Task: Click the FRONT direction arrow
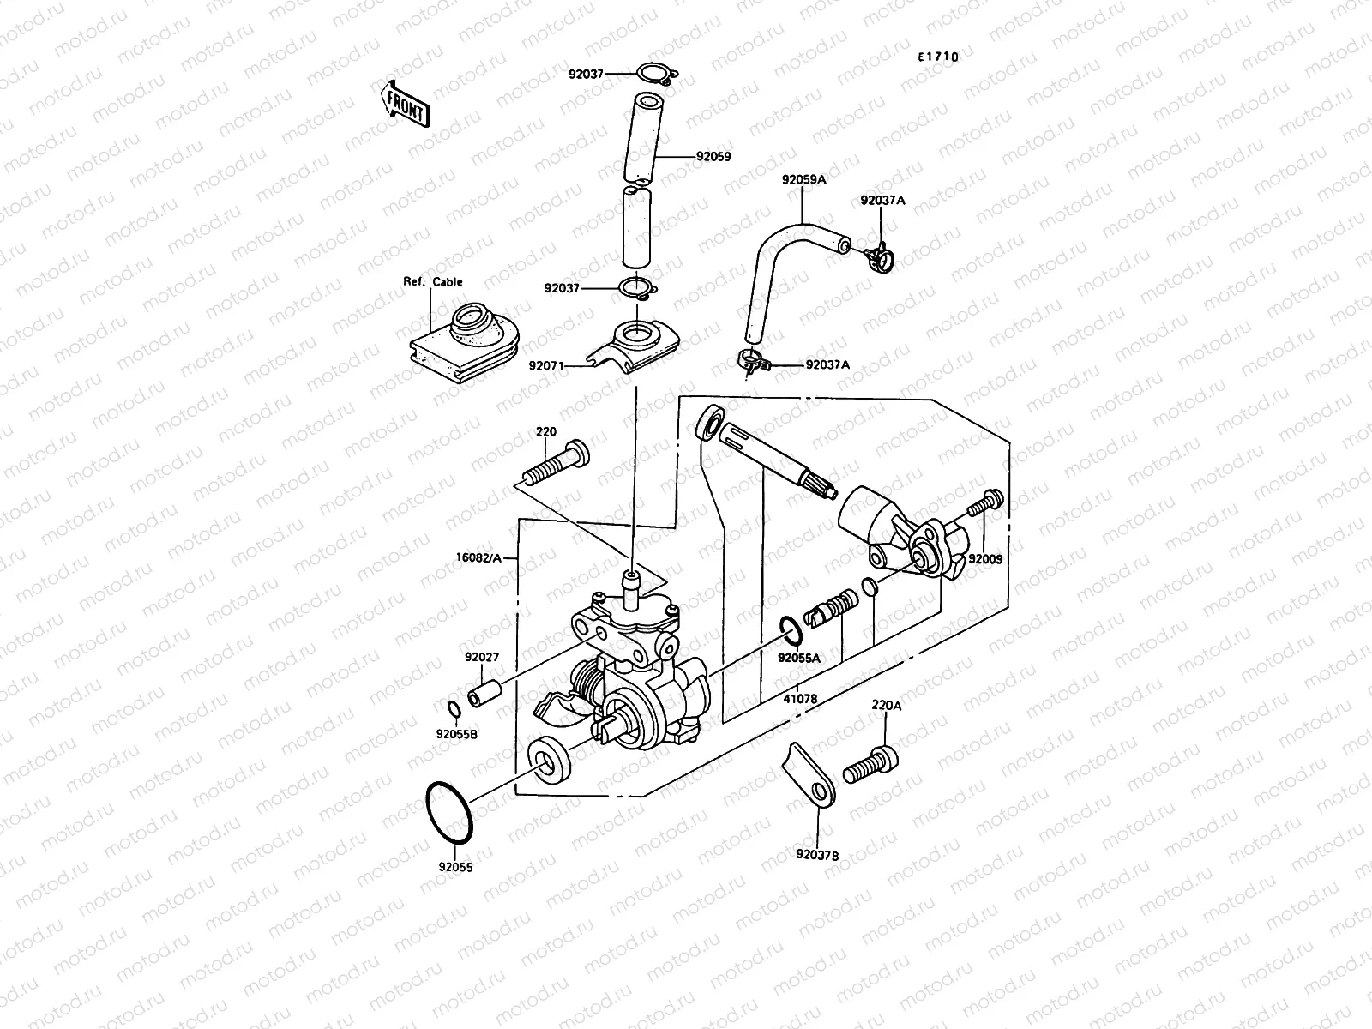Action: point(403,103)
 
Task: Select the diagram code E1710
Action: point(937,57)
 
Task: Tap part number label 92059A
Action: point(803,180)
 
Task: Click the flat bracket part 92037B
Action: point(809,776)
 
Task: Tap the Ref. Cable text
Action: point(433,281)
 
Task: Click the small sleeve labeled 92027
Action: point(484,691)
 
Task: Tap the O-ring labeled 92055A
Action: point(791,630)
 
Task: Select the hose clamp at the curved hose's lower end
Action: point(752,363)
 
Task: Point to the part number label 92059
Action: point(713,157)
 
